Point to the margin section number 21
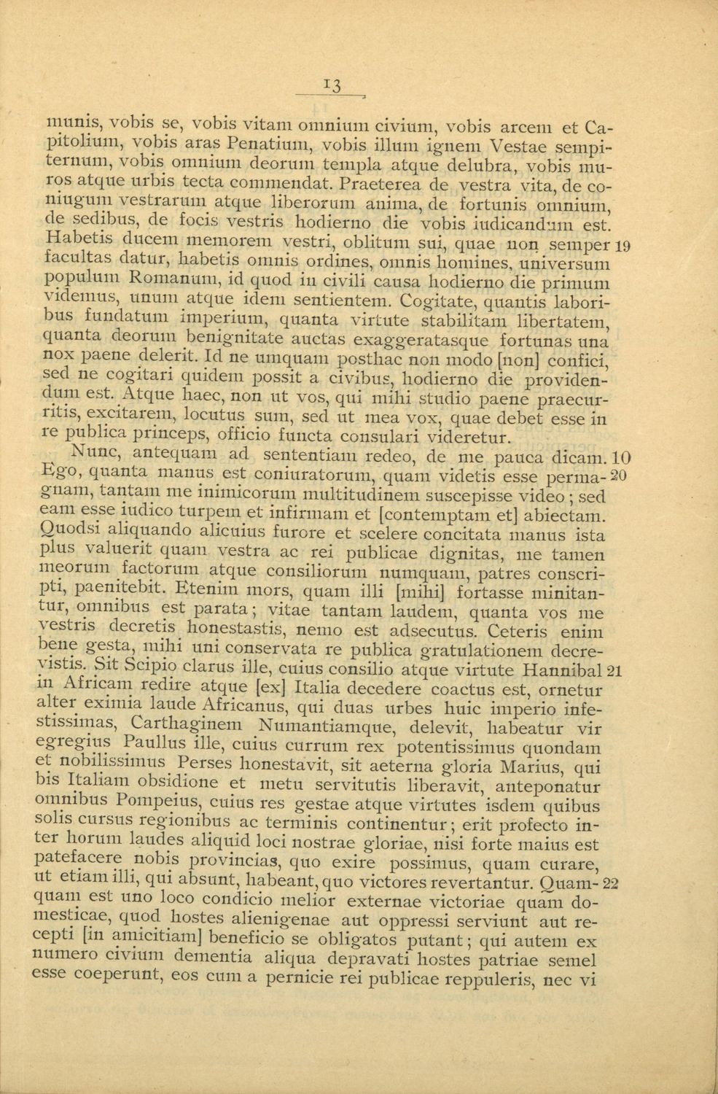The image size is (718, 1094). click(613, 671)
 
